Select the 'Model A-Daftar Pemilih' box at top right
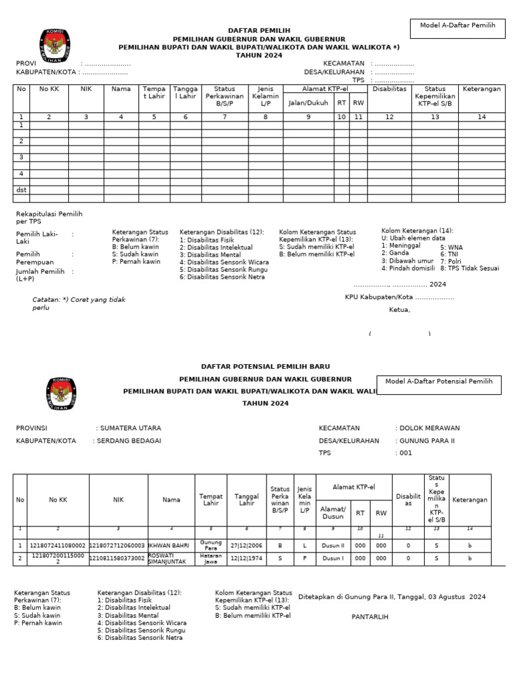point(458,25)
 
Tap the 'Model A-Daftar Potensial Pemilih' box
point(439,381)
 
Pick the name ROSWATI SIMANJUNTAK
point(170,558)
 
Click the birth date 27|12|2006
point(246,545)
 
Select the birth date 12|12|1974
point(246,558)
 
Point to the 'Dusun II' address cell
point(332,545)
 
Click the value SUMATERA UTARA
point(130,428)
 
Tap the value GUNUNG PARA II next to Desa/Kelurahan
point(427,441)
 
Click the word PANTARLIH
point(370,617)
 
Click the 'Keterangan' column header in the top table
point(481,89)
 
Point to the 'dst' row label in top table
point(21,190)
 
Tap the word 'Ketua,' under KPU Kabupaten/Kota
point(399,310)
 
